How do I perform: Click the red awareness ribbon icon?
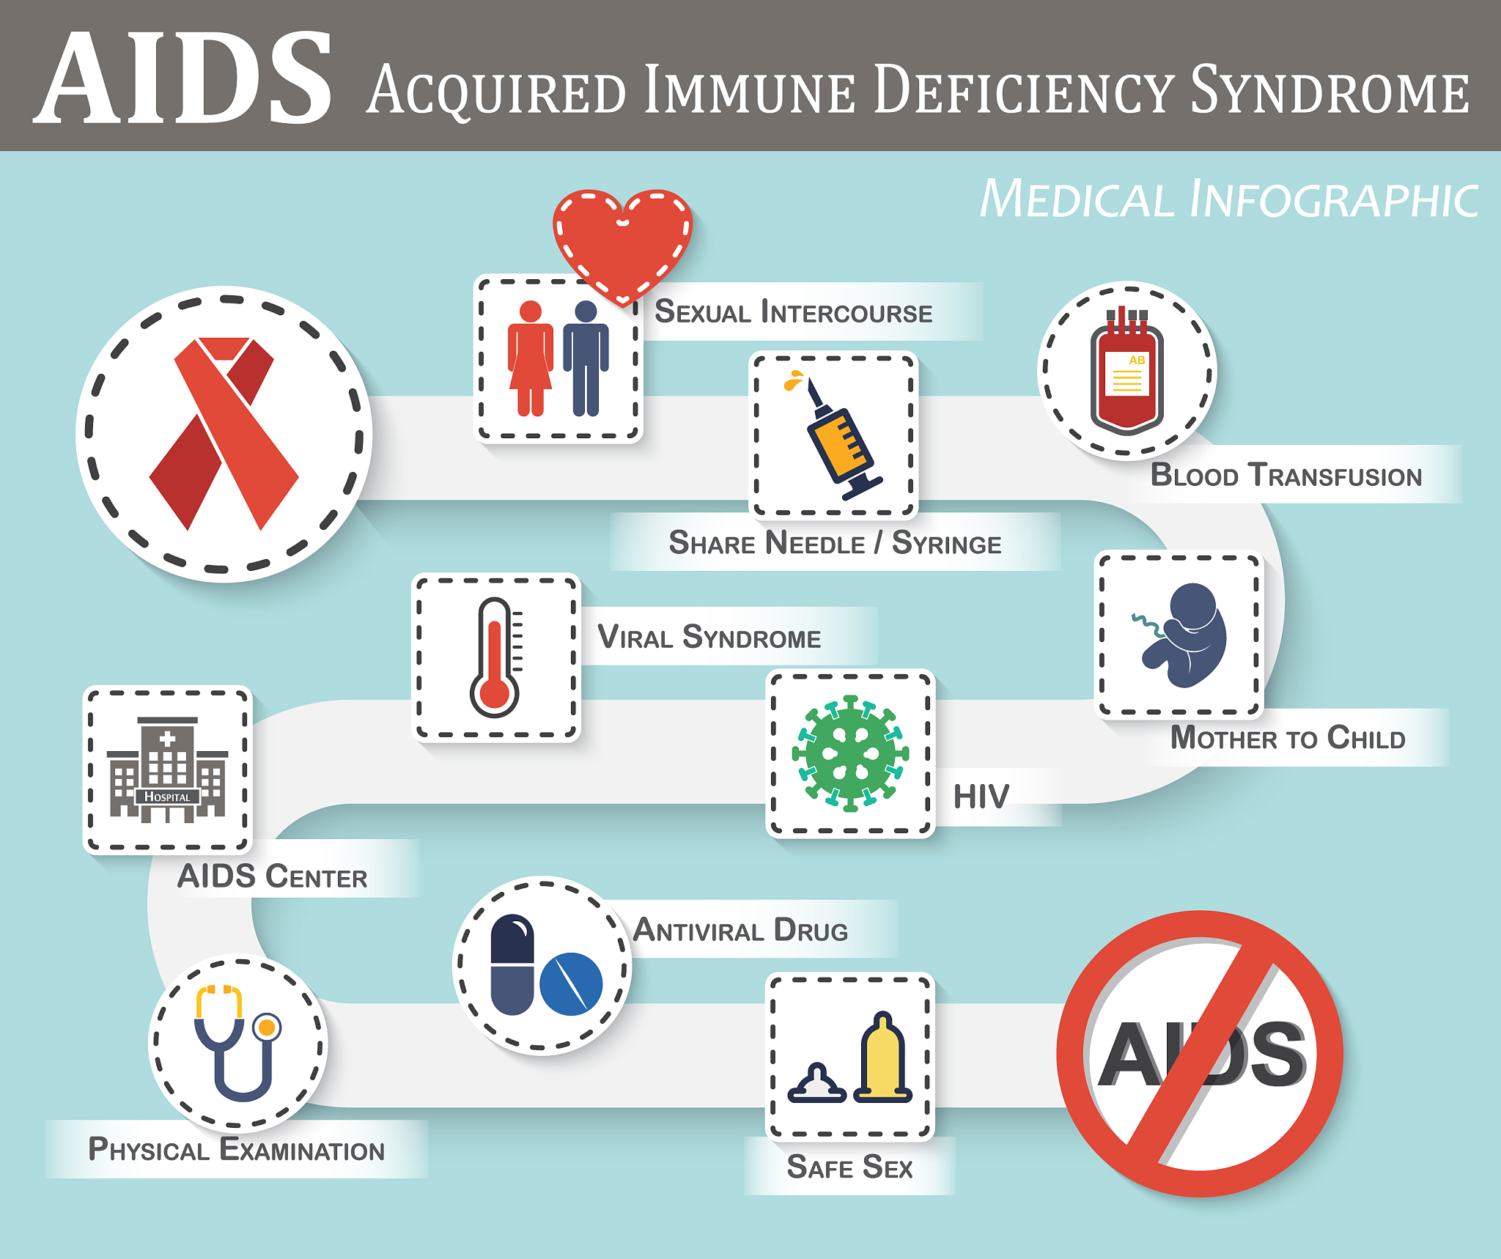coord(224,432)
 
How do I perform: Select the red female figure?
coord(530,359)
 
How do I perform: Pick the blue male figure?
coord(586,359)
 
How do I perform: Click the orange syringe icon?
coord(839,440)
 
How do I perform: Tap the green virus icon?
coord(850,753)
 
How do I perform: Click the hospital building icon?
coord(168,769)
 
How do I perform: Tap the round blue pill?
coord(571,983)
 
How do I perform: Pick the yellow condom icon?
coord(884,1059)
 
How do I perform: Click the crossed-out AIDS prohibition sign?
coord(1200,1054)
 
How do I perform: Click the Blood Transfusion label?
coord(1286,475)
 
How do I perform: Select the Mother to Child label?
coord(1288,737)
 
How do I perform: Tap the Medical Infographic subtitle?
coord(1228,199)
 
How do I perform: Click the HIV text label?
coord(981,797)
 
